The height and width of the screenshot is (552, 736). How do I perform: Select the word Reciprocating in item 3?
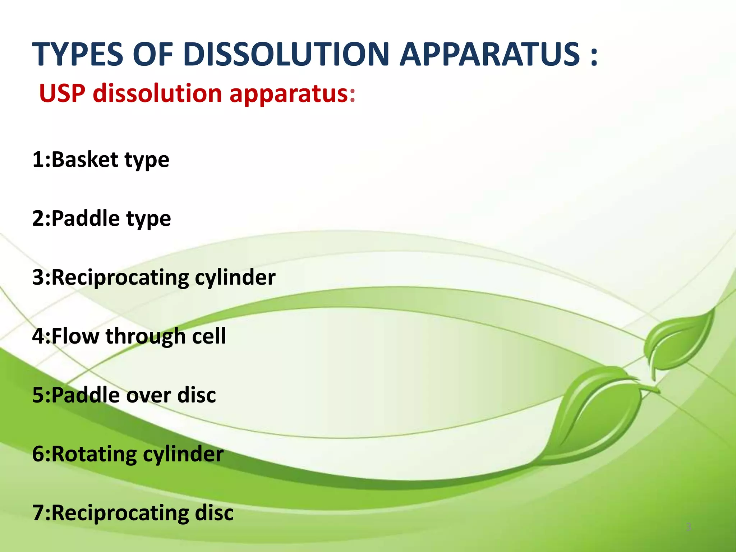(120, 277)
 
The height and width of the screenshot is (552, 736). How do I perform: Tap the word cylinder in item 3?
(235, 277)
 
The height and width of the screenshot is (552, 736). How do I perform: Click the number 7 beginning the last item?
(37, 513)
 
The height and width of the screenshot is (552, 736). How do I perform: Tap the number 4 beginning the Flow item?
(38, 336)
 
